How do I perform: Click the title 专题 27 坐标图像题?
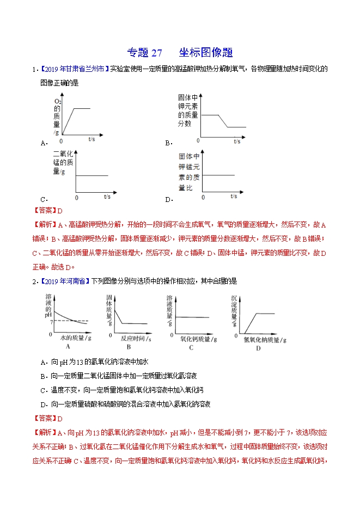(x=180, y=53)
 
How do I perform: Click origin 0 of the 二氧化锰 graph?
(x=76, y=197)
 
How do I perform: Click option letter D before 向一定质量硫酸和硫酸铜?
(x=43, y=404)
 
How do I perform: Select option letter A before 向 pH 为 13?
(x=43, y=361)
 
